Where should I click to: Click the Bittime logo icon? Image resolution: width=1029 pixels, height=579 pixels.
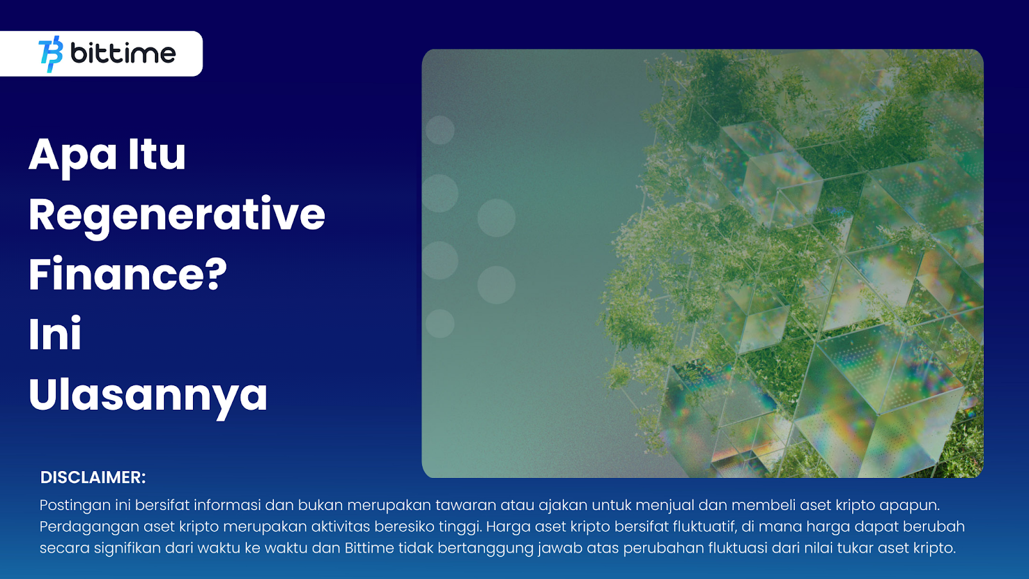click(x=51, y=54)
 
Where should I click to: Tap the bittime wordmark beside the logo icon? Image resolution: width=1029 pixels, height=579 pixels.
click(x=123, y=54)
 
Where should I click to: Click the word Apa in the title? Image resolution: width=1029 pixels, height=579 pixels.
click(x=73, y=155)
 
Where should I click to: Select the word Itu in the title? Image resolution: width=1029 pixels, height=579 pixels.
click(x=157, y=153)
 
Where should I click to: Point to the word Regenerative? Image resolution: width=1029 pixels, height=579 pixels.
click(x=177, y=216)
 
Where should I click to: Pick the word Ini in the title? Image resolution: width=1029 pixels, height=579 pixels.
click(x=55, y=334)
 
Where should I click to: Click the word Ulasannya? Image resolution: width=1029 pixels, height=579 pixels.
click(x=148, y=396)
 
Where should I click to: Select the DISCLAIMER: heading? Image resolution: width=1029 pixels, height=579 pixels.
click(x=93, y=477)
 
